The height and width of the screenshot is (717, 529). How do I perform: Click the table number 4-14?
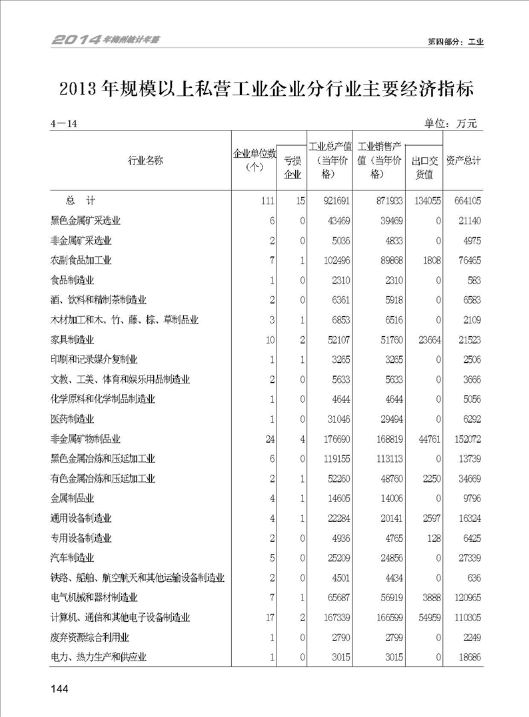click(x=64, y=124)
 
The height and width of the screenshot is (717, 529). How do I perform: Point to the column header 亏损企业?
click(x=292, y=167)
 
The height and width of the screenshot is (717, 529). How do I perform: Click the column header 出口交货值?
click(x=424, y=167)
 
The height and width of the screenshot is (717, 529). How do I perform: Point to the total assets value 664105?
click(x=464, y=200)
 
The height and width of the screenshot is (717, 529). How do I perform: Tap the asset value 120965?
click(x=464, y=598)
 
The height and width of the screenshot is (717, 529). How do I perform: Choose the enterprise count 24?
click(x=269, y=439)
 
